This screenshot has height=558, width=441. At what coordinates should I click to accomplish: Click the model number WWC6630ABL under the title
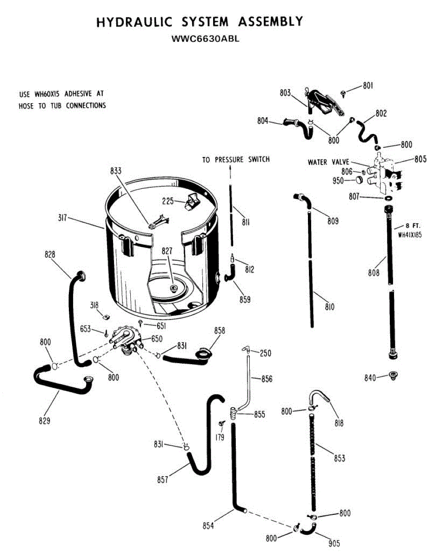(205, 39)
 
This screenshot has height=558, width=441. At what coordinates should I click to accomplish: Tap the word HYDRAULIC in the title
(134, 22)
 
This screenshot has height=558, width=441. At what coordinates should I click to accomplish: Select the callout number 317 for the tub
(62, 218)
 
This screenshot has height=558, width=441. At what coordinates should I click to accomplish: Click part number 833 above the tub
(116, 171)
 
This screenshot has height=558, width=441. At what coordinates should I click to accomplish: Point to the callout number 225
(168, 201)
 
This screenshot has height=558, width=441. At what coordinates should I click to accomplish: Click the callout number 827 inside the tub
(167, 251)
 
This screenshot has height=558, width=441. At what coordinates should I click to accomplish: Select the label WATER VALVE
(328, 162)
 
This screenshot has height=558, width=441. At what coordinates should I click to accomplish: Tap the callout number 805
(421, 159)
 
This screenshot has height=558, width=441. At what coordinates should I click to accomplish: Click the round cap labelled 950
(359, 179)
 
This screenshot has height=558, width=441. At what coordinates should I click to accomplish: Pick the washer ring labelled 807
(388, 199)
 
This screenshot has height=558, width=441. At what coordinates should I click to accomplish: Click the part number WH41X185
(410, 235)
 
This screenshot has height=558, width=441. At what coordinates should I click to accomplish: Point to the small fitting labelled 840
(394, 375)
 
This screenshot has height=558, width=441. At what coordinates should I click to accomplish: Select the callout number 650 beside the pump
(157, 339)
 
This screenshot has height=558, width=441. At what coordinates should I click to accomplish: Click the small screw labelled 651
(140, 323)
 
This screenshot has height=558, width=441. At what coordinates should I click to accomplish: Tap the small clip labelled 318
(106, 316)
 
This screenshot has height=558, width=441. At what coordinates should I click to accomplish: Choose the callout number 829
(45, 420)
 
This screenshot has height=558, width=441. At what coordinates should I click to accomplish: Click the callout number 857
(163, 480)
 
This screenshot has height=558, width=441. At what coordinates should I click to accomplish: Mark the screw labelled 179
(222, 423)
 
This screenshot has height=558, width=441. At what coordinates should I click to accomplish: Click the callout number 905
(334, 543)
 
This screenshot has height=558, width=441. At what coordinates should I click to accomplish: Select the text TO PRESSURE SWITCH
(236, 159)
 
